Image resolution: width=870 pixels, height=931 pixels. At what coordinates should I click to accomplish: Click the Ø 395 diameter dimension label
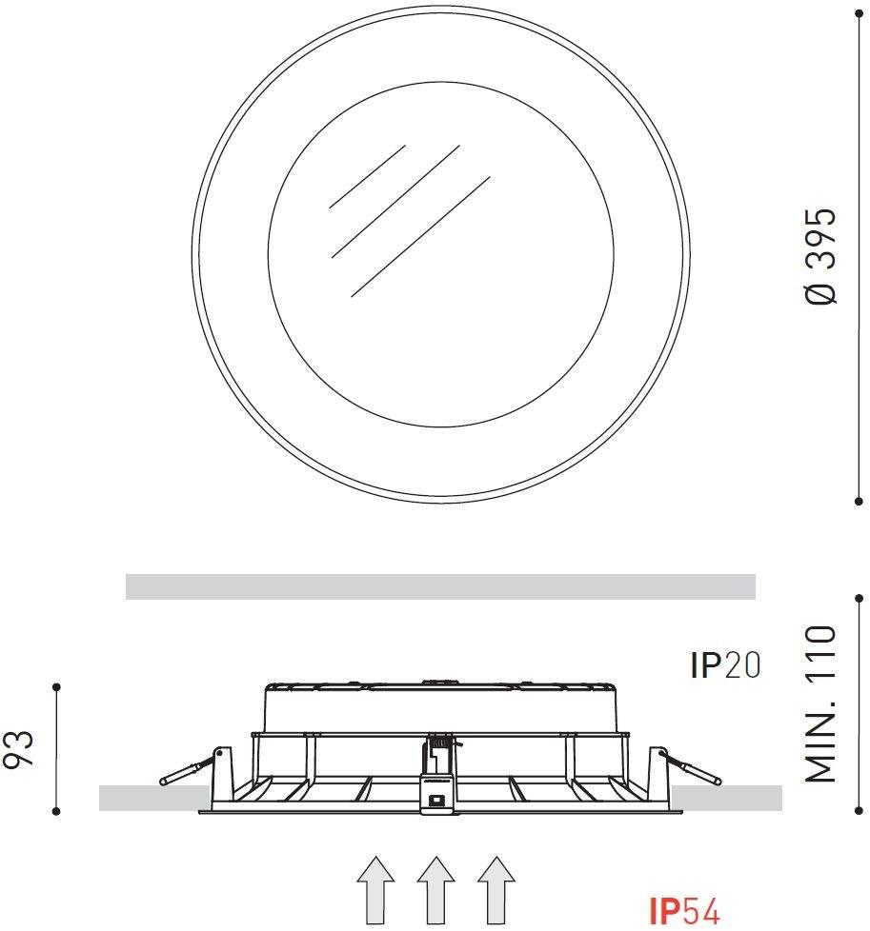click(820, 256)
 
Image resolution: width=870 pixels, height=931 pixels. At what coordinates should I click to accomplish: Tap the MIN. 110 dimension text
click(820, 703)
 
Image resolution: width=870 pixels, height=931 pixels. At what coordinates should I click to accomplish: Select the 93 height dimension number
click(18, 749)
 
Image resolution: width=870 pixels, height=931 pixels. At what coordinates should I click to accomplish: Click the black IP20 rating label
click(725, 665)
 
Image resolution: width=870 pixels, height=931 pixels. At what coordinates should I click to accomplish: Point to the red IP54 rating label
click(684, 911)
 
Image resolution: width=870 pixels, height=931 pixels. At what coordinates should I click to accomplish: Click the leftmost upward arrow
click(375, 890)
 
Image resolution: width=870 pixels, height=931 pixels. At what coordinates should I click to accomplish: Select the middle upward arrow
click(436, 890)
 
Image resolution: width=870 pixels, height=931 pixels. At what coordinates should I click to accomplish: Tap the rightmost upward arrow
click(496, 890)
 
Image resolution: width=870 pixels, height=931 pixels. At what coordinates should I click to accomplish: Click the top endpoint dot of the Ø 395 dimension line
click(859, 13)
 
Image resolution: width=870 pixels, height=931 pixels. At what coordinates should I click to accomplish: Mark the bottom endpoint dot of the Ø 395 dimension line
click(859, 502)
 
